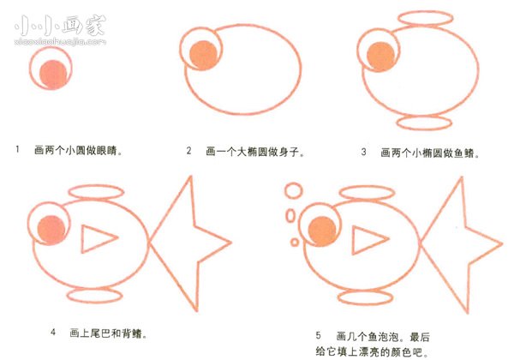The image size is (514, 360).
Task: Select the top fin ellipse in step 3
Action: tap(415, 20)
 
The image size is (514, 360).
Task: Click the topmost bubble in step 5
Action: tap(293, 189)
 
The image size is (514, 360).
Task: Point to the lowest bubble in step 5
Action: tap(296, 241)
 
